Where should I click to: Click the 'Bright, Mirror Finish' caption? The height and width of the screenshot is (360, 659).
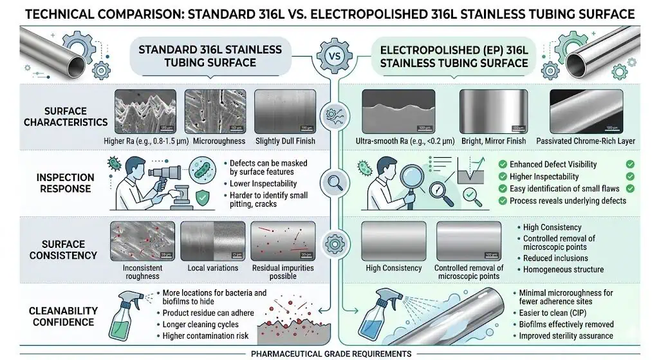[494, 141]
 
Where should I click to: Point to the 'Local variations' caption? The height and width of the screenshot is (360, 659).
[212, 268]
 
